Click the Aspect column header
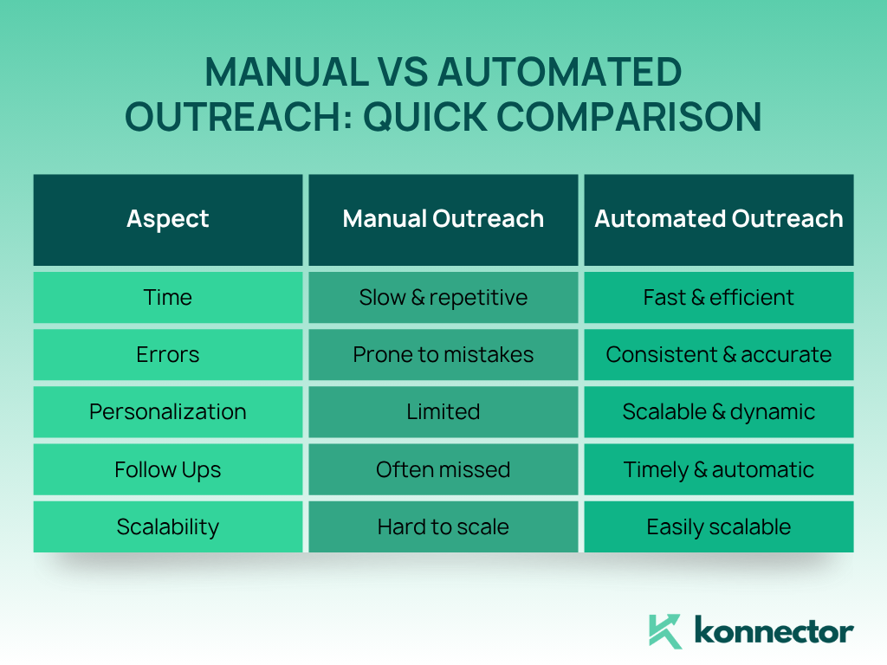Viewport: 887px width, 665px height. tap(168, 219)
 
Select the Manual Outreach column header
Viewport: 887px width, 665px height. tap(443, 219)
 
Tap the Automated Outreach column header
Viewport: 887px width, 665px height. tap(719, 219)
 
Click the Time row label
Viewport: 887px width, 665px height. tap(168, 298)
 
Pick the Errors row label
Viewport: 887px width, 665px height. tap(168, 354)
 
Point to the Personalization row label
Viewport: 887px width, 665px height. tap(168, 411)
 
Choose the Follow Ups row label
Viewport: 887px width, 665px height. tap(168, 469)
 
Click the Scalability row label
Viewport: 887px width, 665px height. tap(168, 526)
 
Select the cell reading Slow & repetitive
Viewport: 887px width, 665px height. tap(443, 298)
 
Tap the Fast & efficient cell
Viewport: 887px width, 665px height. tap(719, 298)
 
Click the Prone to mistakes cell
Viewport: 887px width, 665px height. tap(443, 354)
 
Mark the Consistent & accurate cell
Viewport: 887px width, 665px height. tap(719, 354)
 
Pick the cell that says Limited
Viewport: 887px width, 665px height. tap(443, 411)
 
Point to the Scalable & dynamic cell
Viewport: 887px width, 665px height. tap(719, 411)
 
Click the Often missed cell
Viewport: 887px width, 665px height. tap(443, 469)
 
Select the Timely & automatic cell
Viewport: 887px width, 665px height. tap(719, 469)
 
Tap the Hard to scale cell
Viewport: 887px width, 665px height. tap(443, 526)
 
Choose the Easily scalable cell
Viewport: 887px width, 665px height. tap(719, 526)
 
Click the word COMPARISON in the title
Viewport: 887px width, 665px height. tap(629, 117)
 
